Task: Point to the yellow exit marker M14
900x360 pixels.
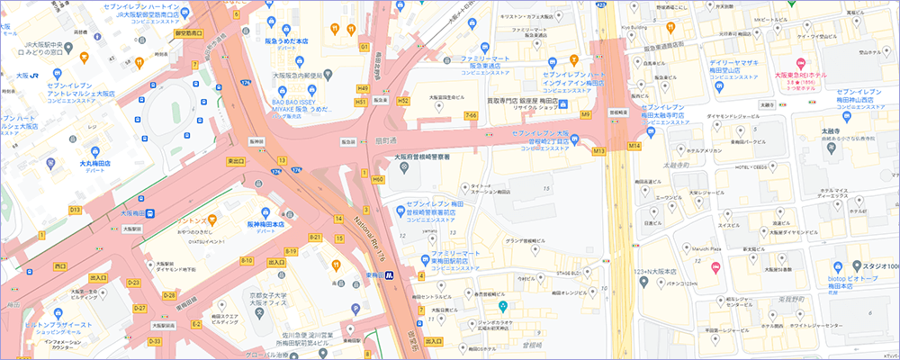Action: (634, 145)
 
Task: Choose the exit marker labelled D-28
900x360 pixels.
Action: (168, 294)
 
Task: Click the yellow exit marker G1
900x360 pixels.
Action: (364, 45)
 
